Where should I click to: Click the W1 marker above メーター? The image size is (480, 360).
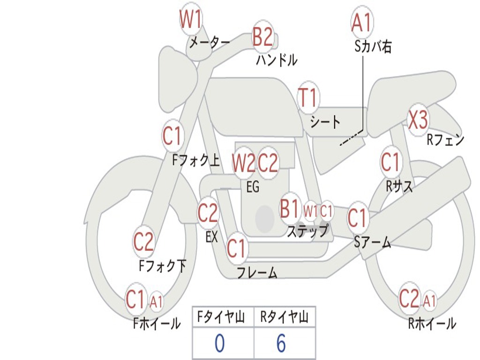pos(191,20)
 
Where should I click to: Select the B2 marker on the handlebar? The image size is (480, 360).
pos(262,36)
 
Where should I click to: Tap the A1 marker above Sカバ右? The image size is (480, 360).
pos(361,22)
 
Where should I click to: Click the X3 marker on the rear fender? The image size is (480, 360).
pos(418,120)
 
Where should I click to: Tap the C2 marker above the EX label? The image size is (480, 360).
pos(208,213)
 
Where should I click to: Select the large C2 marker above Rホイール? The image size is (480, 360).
pos(409,299)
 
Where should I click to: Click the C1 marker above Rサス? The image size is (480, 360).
pos(390,162)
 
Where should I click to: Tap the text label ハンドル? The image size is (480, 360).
pos(277,60)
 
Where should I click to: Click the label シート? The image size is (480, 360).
pos(325,122)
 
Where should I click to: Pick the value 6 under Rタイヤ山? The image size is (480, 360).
pos(281,344)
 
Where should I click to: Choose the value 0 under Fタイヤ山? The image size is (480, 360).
pos(219,344)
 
